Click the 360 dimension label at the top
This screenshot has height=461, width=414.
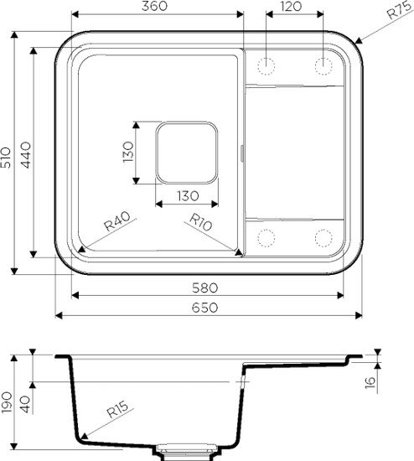coord(155,7)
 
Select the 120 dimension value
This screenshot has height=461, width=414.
coord(292,7)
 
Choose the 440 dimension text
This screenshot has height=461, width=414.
coord(26,156)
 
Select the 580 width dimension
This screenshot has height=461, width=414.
coord(208,287)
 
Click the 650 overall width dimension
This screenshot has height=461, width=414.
coord(208,308)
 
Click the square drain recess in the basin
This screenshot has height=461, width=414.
coord(187,153)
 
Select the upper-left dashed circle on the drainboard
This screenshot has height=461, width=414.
coord(267,65)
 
